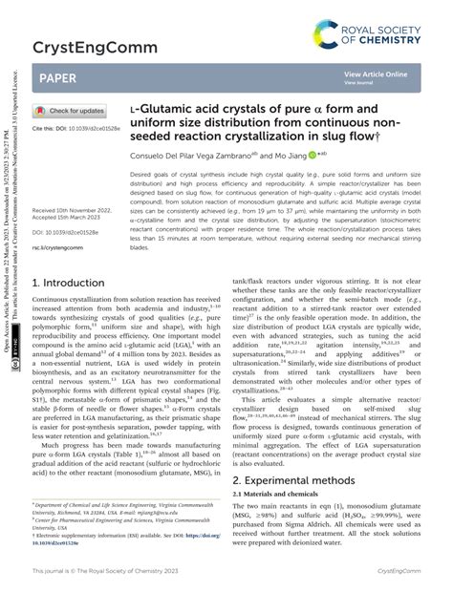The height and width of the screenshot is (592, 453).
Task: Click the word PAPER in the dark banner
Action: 60,74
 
